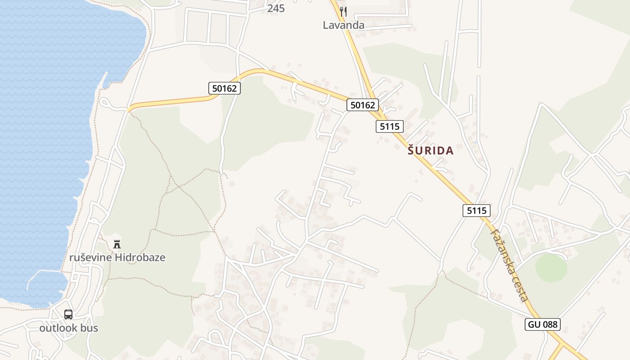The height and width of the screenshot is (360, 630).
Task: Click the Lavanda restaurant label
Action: (343, 25)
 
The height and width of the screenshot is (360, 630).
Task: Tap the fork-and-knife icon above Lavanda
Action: (343, 11)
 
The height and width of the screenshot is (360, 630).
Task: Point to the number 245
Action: (276, 9)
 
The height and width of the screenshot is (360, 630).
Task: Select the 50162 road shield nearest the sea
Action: (225, 88)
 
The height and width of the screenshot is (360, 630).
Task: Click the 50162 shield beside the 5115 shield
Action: (363, 105)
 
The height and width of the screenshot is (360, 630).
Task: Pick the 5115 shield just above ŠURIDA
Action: (389, 126)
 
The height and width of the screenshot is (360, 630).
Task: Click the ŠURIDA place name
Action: (431, 151)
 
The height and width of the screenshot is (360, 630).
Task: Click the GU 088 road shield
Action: (542, 324)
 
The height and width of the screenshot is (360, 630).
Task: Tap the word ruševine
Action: (90, 258)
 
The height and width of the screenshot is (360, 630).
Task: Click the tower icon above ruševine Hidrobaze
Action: (117, 244)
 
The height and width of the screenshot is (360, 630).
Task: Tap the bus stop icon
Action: (68, 315)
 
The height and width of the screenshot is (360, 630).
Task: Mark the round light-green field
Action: (551, 268)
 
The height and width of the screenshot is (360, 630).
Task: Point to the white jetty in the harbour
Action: (43, 273)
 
